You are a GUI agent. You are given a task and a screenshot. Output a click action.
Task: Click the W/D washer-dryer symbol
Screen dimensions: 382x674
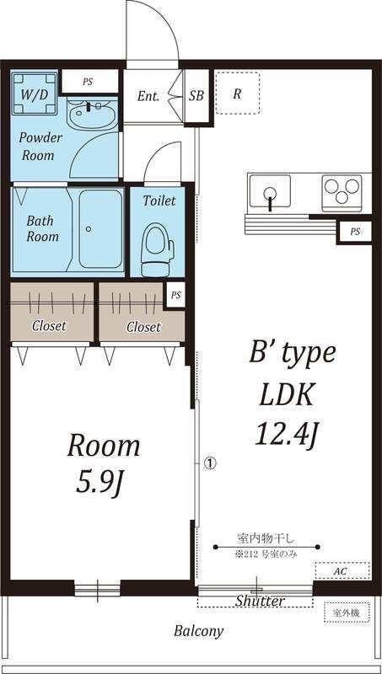[x=35, y=94]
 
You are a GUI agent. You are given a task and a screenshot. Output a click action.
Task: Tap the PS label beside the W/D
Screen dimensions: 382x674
[x=88, y=82]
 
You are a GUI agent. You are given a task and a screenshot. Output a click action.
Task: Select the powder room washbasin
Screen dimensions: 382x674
[x=92, y=115]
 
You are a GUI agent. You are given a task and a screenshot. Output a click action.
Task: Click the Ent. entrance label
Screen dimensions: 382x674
[x=148, y=96]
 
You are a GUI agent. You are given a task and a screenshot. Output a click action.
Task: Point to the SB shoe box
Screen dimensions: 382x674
[x=196, y=95]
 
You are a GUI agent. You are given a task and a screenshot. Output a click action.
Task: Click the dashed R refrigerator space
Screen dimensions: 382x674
[x=238, y=93]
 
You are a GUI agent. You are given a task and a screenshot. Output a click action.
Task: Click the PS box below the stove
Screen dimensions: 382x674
[x=354, y=232]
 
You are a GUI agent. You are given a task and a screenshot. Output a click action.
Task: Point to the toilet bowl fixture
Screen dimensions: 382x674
[x=158, y=249]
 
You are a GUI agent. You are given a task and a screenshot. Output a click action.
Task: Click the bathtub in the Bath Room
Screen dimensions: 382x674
[x=100, y=229]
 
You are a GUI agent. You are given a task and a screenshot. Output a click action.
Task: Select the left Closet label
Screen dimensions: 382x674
[x=50, y=326]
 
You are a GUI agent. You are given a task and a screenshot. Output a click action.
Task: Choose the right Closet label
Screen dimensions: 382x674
[x=143, y=327]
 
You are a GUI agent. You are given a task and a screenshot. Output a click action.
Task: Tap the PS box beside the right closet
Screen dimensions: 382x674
[x=175, y=296]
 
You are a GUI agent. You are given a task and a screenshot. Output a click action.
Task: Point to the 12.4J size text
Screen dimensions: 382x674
[x=286, y=435]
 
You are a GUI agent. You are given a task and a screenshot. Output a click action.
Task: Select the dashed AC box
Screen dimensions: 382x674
[x=342, y=571]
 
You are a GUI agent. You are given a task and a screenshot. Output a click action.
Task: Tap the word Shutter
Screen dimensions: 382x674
[x=260, y=601]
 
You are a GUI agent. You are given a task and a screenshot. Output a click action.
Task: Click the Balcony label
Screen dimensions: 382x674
[x=199, y=631]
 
